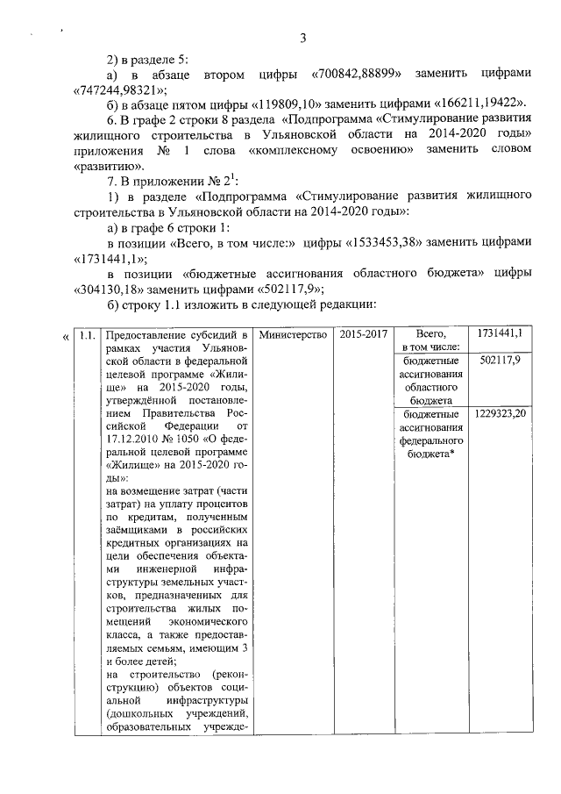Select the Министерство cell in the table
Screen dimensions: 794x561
pos(293,335)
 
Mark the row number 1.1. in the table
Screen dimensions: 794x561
pos(87,335)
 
